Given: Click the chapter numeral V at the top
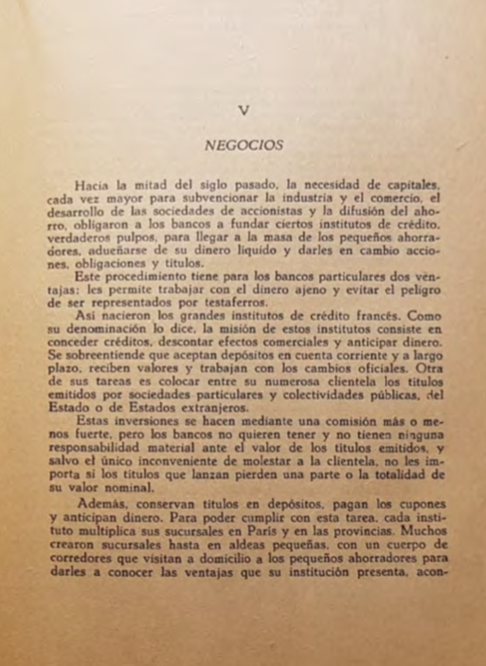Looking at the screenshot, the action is [244, 109].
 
